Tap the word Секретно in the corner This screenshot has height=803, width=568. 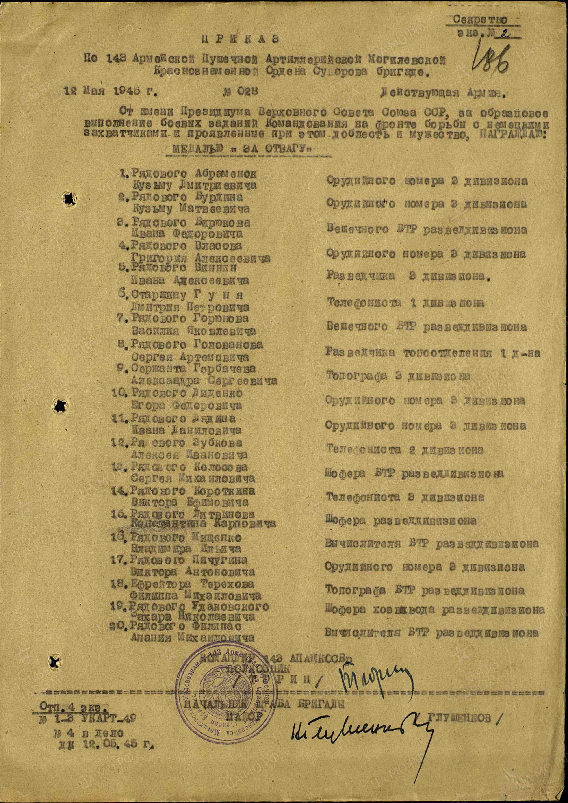480,20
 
